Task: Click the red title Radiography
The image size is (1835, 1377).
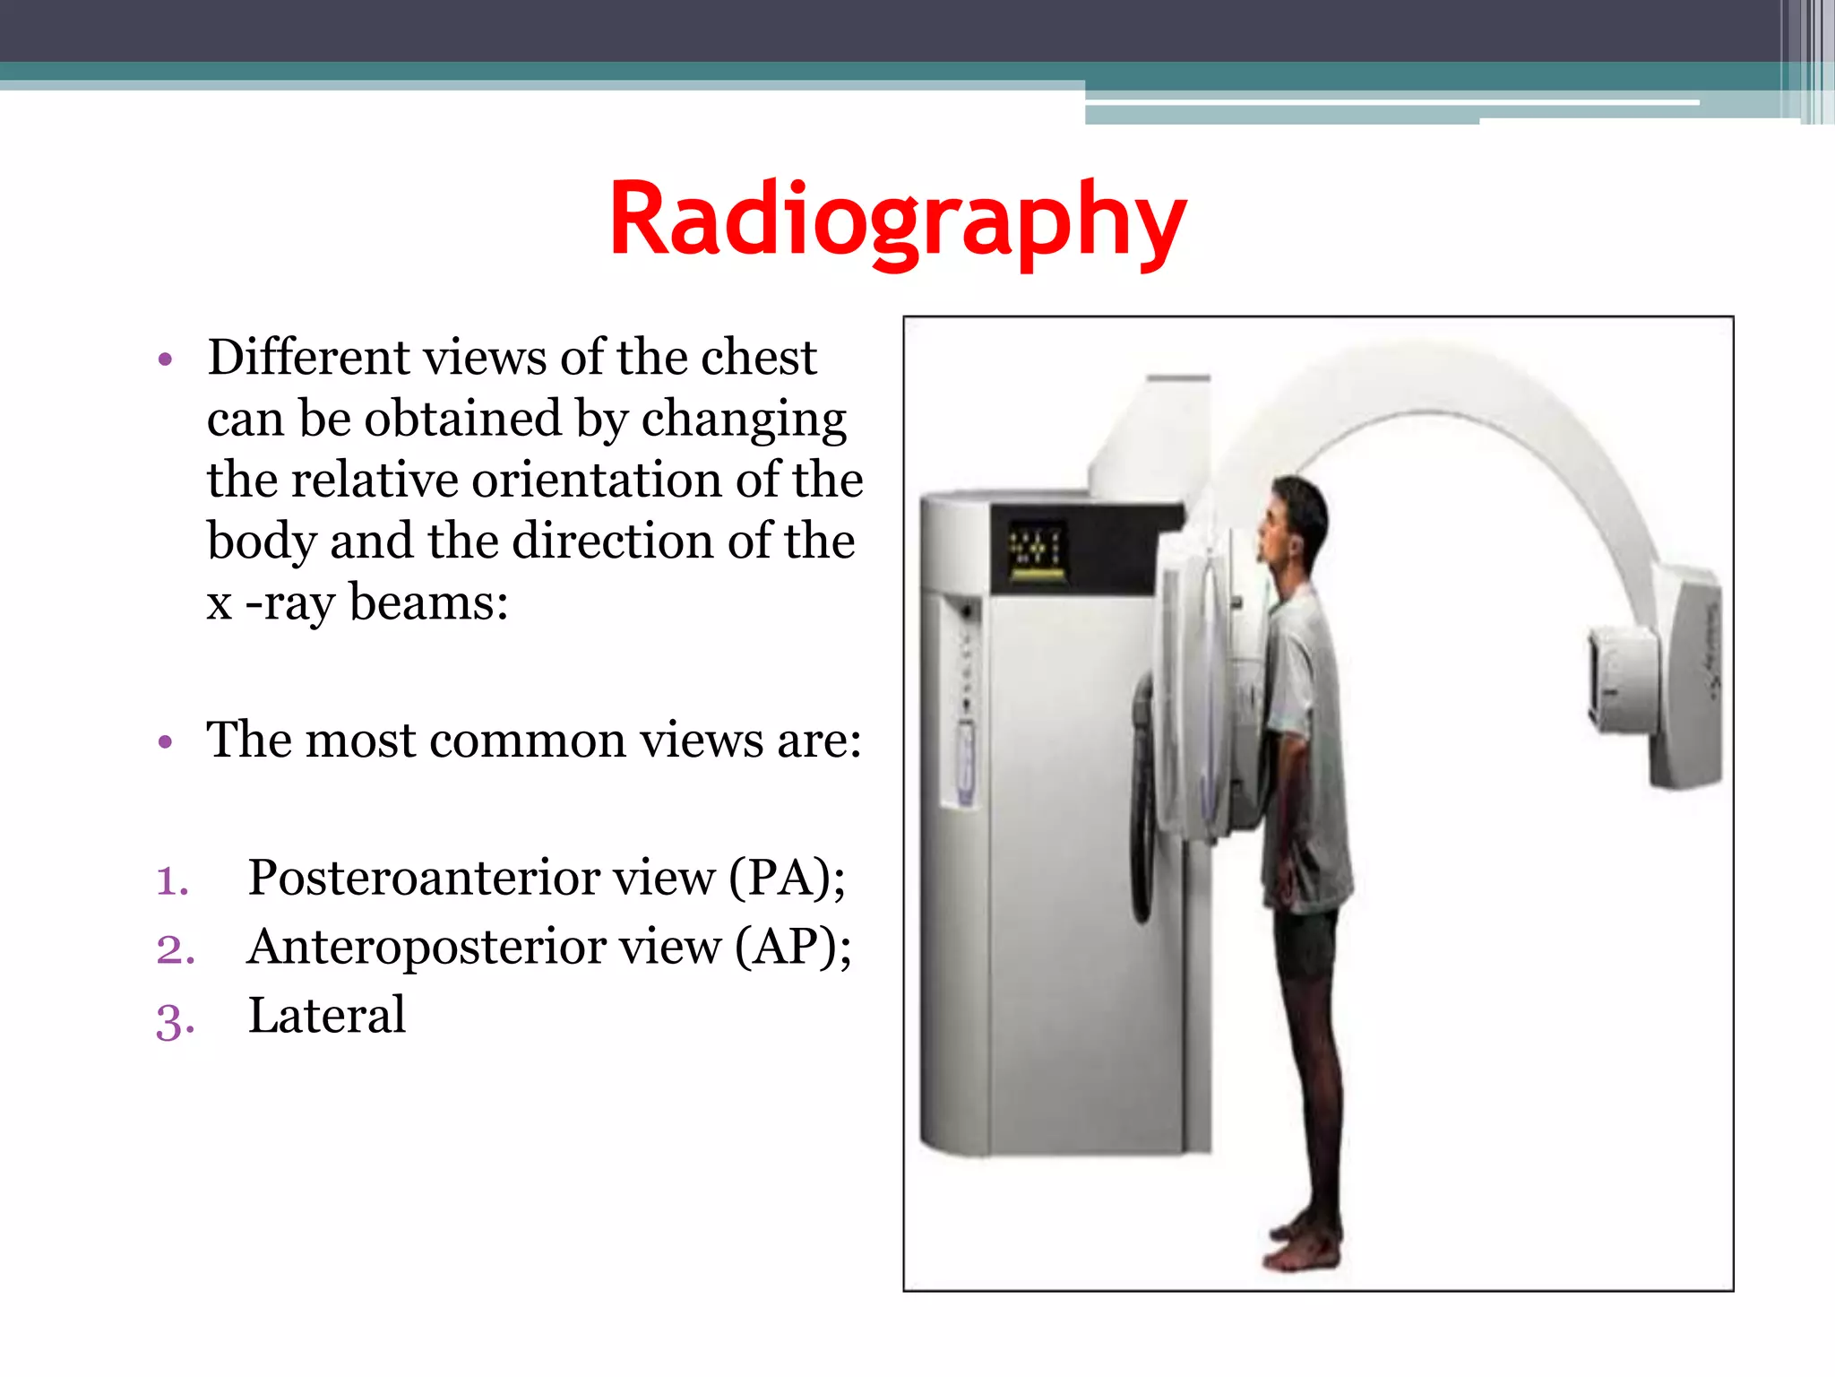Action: coord(898,221)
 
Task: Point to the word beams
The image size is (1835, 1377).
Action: coord(428,602)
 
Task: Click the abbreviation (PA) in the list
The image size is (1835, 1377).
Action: coord(786,877)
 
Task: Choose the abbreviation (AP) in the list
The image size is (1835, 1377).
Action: coord(792,947)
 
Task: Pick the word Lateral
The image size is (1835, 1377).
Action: coord(326,1016)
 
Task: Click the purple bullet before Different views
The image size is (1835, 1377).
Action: coord(164,360)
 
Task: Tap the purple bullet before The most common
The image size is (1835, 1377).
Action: coord(164,742)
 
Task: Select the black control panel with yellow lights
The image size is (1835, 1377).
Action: coord(1038,548)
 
